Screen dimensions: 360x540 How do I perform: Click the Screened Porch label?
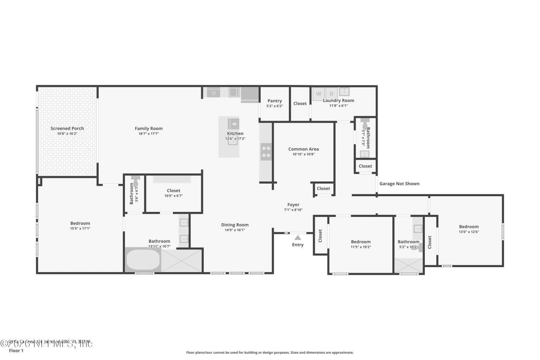[67, 128]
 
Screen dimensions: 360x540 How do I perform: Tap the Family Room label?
[148, 128]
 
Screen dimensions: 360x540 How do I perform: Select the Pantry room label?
[274, 101]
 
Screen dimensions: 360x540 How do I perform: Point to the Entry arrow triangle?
[298, 238]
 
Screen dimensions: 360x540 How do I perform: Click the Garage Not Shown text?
[399, 184]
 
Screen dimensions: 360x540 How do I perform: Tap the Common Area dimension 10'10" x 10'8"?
[303, 154]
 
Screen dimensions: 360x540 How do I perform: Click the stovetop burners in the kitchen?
[266, 152]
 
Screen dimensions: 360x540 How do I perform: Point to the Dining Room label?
[235, 225]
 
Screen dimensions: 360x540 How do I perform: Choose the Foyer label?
[293, 205]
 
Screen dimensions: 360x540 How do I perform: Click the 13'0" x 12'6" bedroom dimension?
[469, 232]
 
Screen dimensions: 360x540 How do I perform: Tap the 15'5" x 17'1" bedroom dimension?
[80, 228]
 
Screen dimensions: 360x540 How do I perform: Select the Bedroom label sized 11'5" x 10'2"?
[361, 242]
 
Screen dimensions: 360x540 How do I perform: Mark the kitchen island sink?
[233, 123]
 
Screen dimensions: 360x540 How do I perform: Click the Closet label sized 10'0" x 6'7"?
[173, 191]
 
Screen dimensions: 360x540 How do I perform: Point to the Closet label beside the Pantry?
[300, 103]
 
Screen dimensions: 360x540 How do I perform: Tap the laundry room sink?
[345, 91]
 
